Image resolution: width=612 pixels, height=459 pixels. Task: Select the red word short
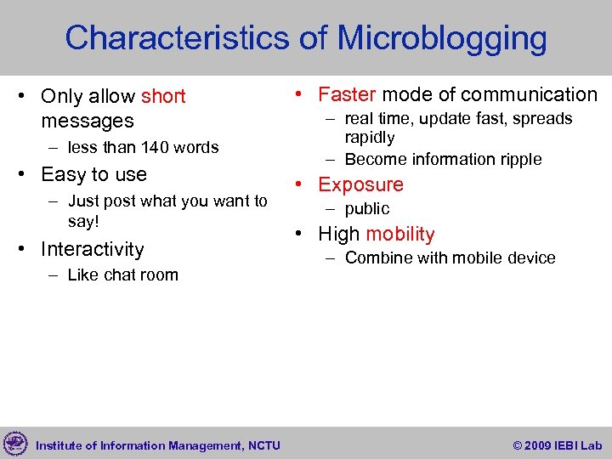coord(163,97)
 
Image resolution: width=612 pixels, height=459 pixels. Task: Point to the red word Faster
coord(347,95)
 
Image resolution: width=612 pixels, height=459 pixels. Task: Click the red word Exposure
coord(360,185)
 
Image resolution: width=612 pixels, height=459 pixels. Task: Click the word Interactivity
coord(92,250)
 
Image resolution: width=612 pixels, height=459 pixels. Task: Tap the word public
coord(366,209)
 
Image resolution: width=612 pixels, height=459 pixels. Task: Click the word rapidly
coord(369,138)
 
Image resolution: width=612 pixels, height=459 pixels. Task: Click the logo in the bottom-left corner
coord(15,444)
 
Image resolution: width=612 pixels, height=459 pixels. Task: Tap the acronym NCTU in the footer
coord(264,445)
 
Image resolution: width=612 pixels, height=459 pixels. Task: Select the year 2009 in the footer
coord(538,445)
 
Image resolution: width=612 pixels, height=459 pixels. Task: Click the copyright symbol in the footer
coord(518,445)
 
